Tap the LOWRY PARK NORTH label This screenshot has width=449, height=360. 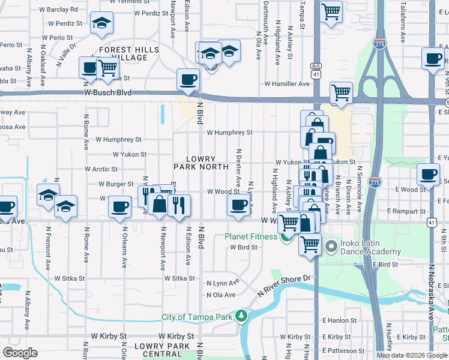coord(200,162)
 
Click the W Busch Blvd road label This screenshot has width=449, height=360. coord(107,93)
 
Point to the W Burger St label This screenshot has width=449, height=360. coord(116,184)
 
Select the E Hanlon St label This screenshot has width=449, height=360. coord(340,321)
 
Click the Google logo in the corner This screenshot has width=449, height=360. coord(20,353)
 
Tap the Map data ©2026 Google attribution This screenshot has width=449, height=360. coord(411,355)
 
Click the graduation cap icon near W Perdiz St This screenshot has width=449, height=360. coord(101,23)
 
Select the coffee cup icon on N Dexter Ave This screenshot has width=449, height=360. coord(238,206)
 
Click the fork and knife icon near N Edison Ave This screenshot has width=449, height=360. coord(178,205)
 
